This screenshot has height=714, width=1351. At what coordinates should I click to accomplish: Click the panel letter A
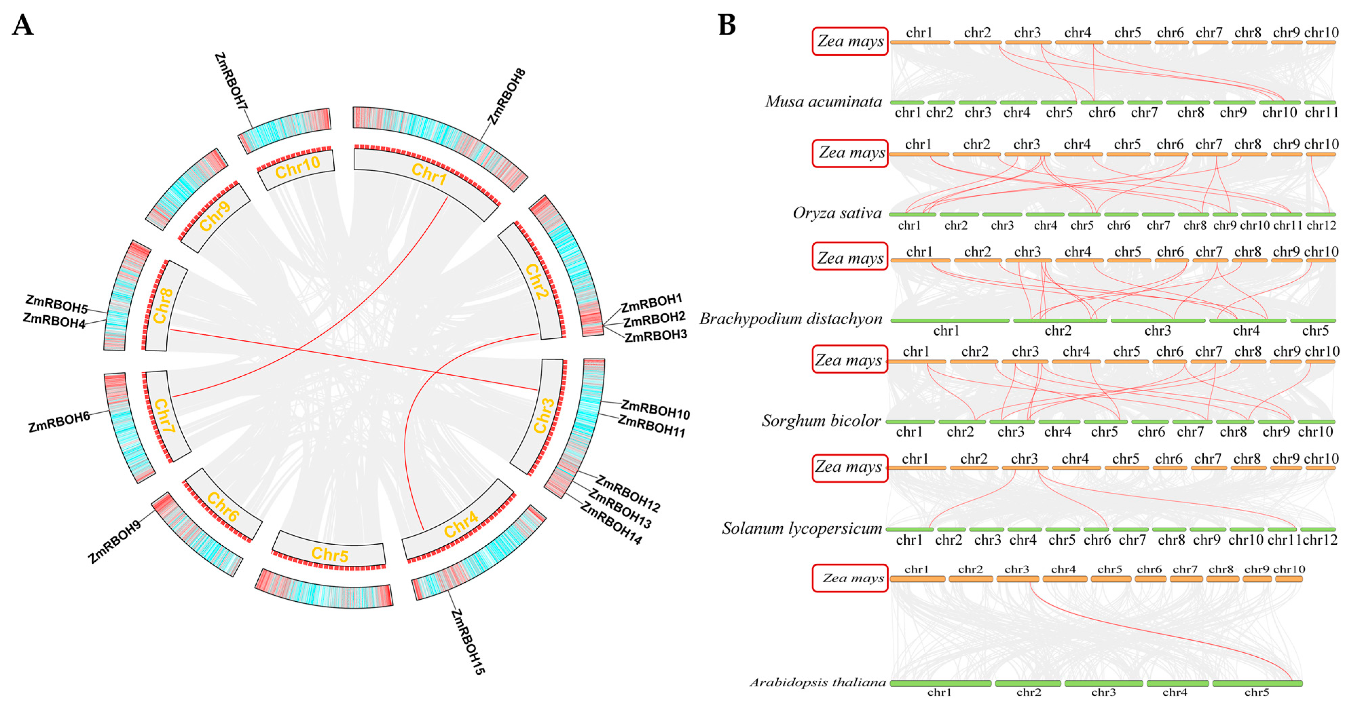pos(22,25)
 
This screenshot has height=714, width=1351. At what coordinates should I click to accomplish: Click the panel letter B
pos(726,25)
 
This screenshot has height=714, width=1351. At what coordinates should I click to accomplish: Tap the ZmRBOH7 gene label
pos(231,81)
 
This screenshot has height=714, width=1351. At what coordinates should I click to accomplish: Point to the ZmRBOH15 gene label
pos(468,642)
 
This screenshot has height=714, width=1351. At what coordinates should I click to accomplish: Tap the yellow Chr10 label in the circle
pos(297,168)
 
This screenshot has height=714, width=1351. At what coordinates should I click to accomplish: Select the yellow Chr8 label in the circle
pos(163,306)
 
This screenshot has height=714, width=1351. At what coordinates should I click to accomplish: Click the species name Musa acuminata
pos(823,101)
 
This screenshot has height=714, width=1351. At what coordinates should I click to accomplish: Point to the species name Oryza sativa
pos(837,213)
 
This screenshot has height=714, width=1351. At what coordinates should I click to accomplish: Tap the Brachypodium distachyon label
pos(791,319)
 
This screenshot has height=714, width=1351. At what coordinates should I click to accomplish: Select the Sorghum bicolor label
pos(821,420)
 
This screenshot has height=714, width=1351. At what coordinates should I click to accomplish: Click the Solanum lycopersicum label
pos(802,528)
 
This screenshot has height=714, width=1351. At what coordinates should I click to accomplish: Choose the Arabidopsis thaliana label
pos(818,682)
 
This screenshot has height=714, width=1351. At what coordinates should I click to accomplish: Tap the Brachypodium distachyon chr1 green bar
pos(949,320)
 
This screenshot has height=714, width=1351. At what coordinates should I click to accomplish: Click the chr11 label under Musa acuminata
pos(1321,113)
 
